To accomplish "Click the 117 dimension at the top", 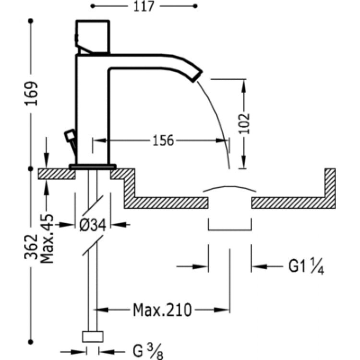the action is (144, 6).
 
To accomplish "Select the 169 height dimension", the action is (31, 94).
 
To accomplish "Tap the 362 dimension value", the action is (31, 247).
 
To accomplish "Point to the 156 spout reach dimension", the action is (163, 140).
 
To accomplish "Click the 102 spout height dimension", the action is (244, 124).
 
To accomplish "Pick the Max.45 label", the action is (47, 239).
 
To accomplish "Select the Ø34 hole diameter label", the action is (93, 225).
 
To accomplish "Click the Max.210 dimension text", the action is (162, 310).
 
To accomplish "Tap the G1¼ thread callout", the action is (306, 266).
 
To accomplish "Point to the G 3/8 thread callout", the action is (148, 350).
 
